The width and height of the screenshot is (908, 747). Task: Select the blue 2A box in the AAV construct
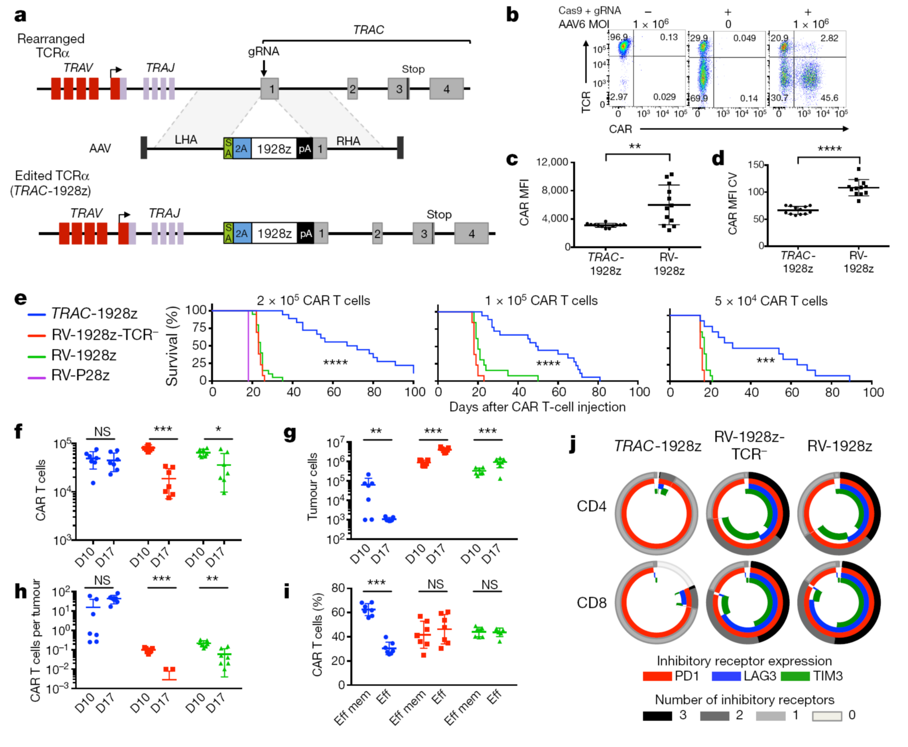(x=241, y=149)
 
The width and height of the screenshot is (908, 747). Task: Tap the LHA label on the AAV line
(x=186, y=140)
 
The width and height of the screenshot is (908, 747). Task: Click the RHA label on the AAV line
(x=348, y=141)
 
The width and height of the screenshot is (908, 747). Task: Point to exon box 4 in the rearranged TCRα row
(x=447, y=89)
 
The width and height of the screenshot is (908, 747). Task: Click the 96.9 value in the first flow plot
(x=619, y=37)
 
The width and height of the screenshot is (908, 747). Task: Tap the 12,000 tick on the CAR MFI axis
(x=552, y=162)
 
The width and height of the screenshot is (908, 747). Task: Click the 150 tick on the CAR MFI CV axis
(x=755, y=165)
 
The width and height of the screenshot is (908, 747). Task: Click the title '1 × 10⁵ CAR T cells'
(x=541, y=300)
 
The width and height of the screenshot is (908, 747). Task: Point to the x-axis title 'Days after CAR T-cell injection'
(x=537, y=407)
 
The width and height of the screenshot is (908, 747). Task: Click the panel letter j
(x=573, y=444)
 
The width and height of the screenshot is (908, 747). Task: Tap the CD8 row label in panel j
(x=591, y=603)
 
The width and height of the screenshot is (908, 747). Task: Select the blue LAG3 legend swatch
(x=726, y=676)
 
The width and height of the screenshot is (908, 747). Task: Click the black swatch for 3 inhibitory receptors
(x=657, y=716)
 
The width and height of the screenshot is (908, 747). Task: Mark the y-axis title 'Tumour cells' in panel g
(x=313, y=486)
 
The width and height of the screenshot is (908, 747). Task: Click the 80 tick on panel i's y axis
(x=338, y=588)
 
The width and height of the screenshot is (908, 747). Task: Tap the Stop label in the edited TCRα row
(x=439, y=214)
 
